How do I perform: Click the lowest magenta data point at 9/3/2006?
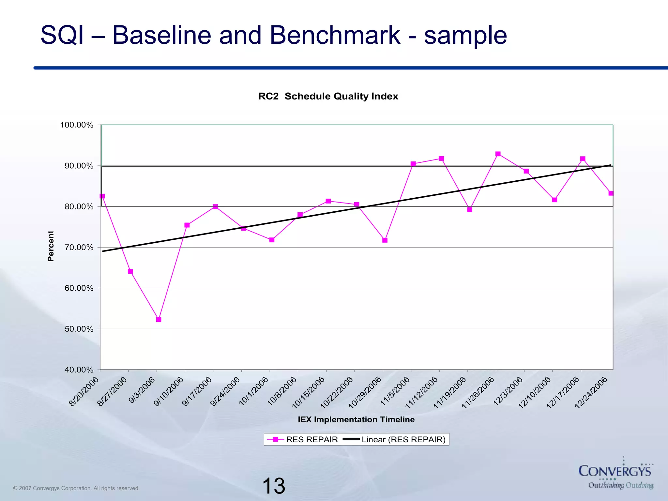159,320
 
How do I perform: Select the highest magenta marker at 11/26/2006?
498,154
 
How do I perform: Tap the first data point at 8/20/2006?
102,196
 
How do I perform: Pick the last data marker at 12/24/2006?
611,193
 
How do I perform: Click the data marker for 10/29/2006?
385,240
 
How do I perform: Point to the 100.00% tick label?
77,125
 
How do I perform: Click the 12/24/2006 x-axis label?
591,393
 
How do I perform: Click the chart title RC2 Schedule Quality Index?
328,96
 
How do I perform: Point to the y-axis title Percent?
51,246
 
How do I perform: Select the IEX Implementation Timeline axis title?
356,419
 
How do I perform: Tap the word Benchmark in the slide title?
335,35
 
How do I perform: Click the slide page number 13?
273,486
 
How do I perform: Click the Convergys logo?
615,473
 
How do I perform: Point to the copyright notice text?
76,488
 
